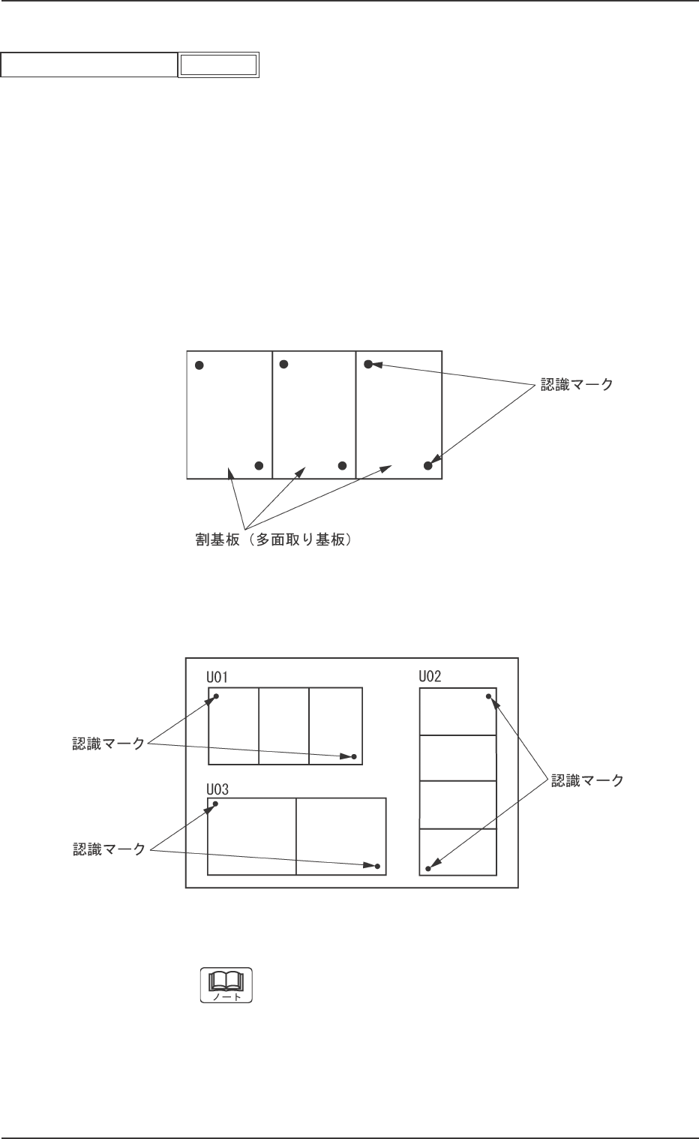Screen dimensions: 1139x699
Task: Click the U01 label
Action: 217,678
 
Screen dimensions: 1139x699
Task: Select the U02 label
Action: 430,677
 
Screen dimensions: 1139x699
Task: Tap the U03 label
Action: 217,789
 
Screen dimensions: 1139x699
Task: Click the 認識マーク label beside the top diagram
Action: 577,385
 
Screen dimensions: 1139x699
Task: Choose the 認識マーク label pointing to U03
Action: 108,849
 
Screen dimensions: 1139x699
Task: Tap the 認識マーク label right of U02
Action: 587,780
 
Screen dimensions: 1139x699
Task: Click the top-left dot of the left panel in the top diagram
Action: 199,365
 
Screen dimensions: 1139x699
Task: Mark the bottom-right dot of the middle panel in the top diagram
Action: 342,465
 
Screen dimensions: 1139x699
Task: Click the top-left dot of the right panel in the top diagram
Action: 368,365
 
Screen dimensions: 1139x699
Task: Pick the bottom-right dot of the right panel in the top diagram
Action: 428,465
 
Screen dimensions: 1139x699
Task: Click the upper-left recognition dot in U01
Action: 217,696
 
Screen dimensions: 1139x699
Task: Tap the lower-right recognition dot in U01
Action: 354,756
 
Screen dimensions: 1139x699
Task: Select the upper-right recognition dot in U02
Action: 489,696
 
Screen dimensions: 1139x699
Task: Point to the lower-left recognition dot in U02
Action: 428,869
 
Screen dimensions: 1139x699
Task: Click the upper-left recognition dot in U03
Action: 216,804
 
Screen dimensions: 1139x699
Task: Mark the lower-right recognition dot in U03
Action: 378,867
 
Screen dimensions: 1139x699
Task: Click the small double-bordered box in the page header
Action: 218,65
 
